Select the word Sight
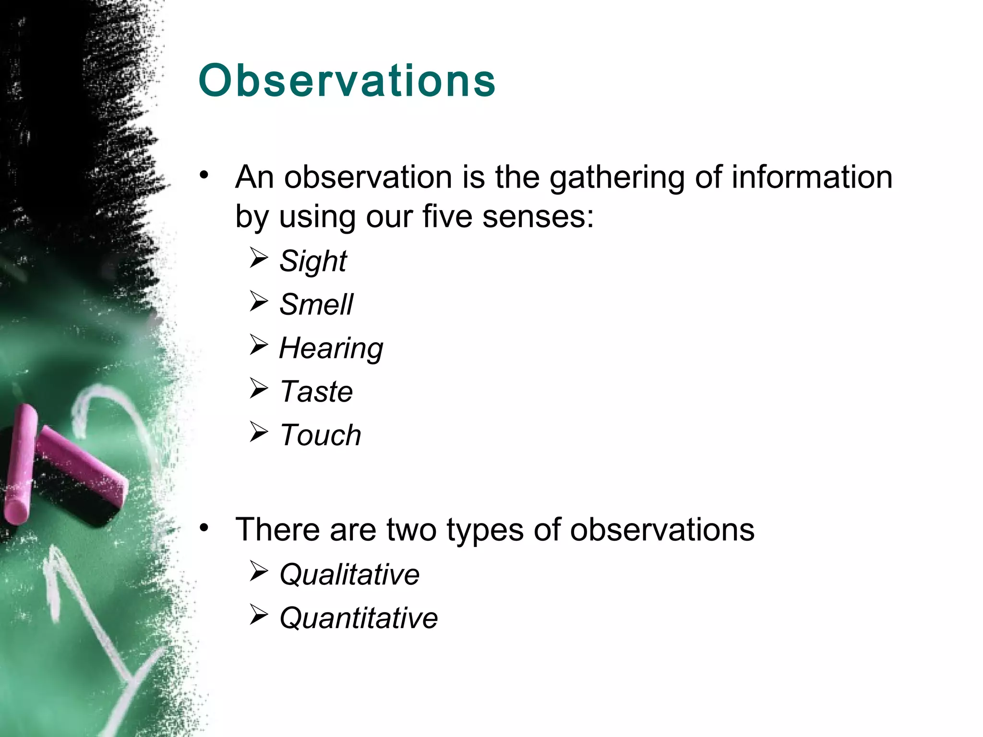coord(313,262)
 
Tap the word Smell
coord(316,305)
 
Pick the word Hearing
coord(331,348)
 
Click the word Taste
coord(316,392)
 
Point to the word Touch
coord(320,435)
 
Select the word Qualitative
coord(349,574)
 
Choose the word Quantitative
coord(359,618)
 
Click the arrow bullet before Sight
coord(259,259)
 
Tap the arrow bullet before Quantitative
coord(259,615)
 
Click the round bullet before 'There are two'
coord(204,528)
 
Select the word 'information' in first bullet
coord(812,178)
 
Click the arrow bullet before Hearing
coord(259,345)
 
